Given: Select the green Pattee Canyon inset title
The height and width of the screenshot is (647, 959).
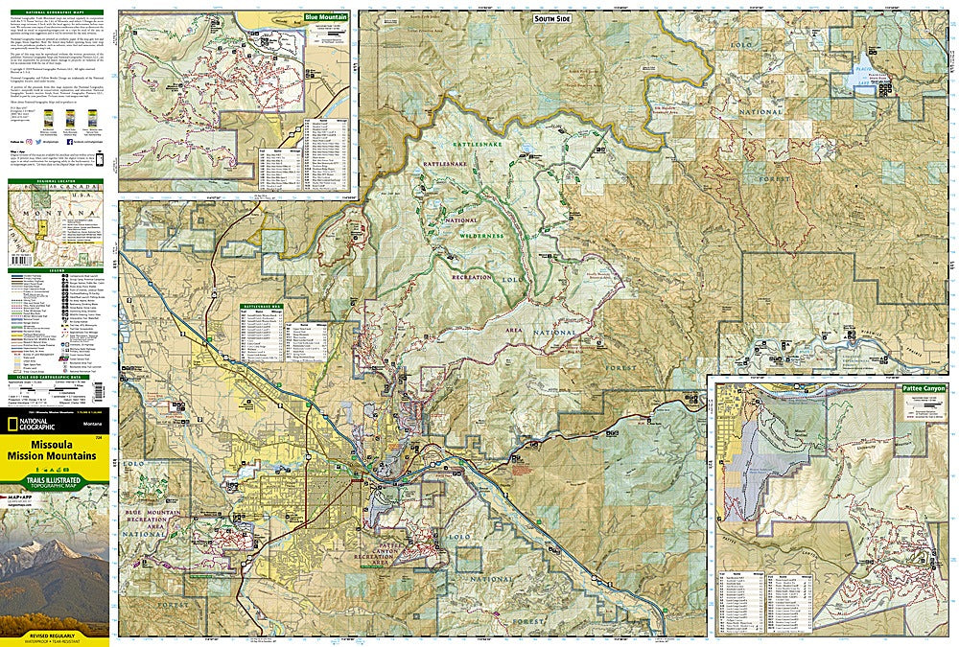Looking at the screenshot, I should click(x=923, y=388).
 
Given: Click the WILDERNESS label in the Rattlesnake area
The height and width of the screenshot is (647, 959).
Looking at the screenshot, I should click(x=480, y=236).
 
